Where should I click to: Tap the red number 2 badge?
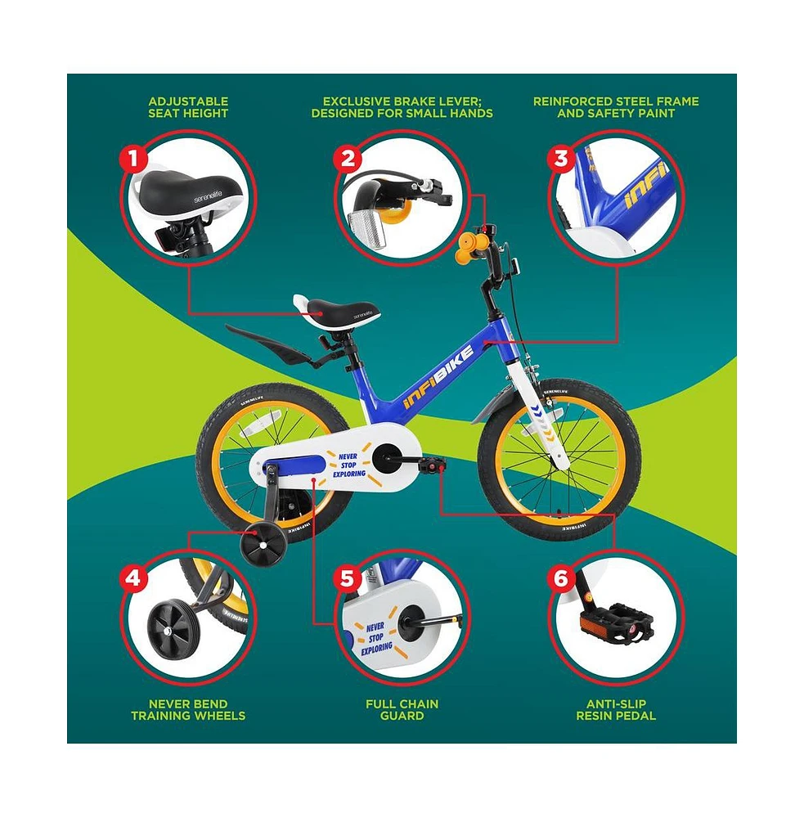click(x=347, y=158)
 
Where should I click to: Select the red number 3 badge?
click(x=561, y=159)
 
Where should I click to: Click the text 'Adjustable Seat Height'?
click(x=188, y=107)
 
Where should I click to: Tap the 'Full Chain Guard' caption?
click(x=402, y=709)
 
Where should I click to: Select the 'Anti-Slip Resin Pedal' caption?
click(x=616, y=709)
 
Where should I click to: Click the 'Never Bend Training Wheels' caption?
click(x=188, y=709)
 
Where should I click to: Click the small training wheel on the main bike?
click(x=263, y=542)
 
